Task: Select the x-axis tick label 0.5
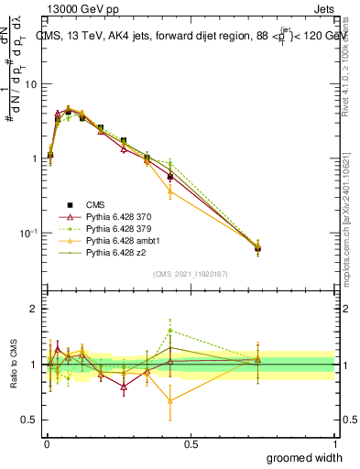(x=190, y=443)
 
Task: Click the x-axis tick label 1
(x=333, y=443)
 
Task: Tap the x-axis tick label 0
(x=46, y=443)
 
